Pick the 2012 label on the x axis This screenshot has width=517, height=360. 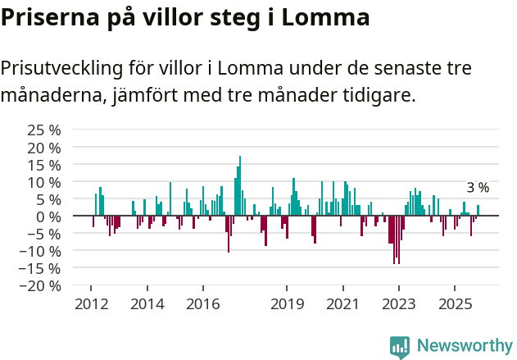click(x=91, y=304)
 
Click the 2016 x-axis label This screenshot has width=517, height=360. click(x=203, y=304)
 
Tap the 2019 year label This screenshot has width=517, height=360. click(x=287, y=304)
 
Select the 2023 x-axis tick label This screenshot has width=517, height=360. click(x=399, y=304)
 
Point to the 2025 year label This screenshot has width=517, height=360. click(x=455, y=304)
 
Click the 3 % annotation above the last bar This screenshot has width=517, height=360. click(x=478, y=188)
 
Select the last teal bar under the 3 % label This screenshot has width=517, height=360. click(x=478, y=210)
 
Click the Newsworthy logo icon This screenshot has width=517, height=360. click(x=400, y=346)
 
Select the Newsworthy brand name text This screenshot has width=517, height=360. click(x=465, y=346)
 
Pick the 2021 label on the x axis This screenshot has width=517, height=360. click(x=342, y=304)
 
